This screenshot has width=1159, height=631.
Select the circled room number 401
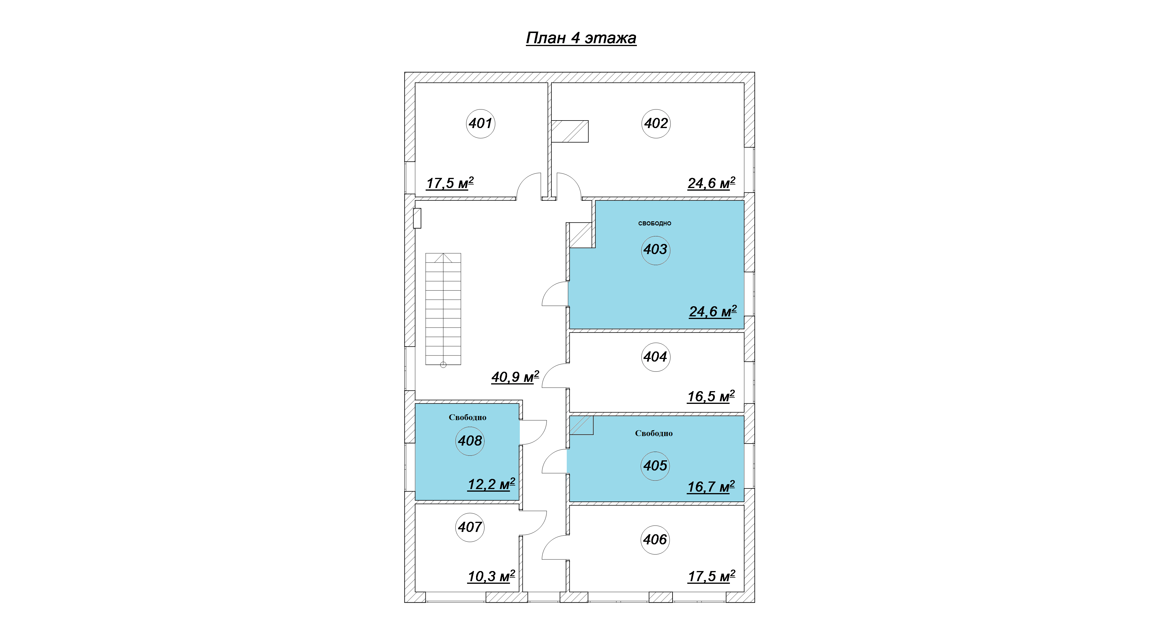click(x=480, y=123)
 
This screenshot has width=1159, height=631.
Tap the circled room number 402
click(x=656, y=123)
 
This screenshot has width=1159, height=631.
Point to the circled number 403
click(x=655, y=250)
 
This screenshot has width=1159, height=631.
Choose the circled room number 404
click(x=655, y=357)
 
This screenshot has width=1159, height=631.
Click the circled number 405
click(x=655, y=466)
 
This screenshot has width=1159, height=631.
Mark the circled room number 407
click(x=470, y=527)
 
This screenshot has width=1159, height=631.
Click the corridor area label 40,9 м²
click(x=515, y=377)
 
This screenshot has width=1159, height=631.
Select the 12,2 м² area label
click(x=491, y=484)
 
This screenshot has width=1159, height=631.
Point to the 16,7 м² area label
click(x=711, y=487)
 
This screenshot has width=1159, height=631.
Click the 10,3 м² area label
click(x=491, y=576)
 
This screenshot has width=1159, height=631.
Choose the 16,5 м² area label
click(x=711, y=396)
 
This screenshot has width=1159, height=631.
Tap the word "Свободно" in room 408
click(x=467, y=417)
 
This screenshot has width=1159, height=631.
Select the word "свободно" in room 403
click(x=655, y=224)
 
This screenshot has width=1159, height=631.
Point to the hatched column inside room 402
click(x=570, y=131)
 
